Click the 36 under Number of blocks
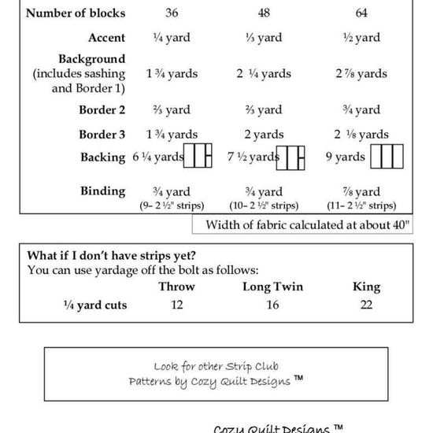172,13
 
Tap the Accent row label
106,38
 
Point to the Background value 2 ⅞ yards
361,74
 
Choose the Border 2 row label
102,110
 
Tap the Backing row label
102,157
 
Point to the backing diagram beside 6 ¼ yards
198,157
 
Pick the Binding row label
102,191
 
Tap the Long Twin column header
272,287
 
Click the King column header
366,287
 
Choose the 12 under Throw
176,305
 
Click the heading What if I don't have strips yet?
111,255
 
